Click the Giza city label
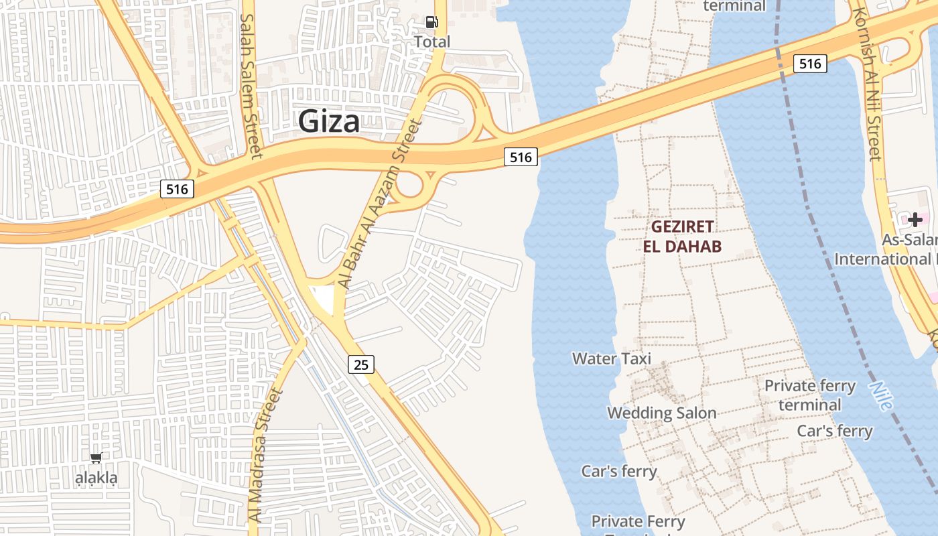pyautogui.click(x=328, y=122)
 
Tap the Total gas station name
pyautogui.click(x=432, y=42)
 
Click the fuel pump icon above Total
pyautogui.click(x=432, y=22)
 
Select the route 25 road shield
pyautogui.click(x=361, y=364)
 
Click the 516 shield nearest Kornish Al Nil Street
pyautogui.click(x=810, y=64)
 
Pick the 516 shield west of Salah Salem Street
pyautogui.click(x=177, y=189)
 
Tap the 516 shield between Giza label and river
pyautogui.click(x=521, y=157)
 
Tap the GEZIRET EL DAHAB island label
pyautogui.click(x=682, y=237)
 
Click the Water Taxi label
pyautogui.click(x=611, y=358)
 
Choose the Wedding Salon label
pyautogui.click(x=662, y=413)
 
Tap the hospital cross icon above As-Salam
pyautogui.click(x=915, y=220)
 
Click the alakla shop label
pyautogui.click(x=96, y=478)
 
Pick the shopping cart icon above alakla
pyautogui.click(x=96, y=458)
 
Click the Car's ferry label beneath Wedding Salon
pyautogui.click(x=619, y=471)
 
